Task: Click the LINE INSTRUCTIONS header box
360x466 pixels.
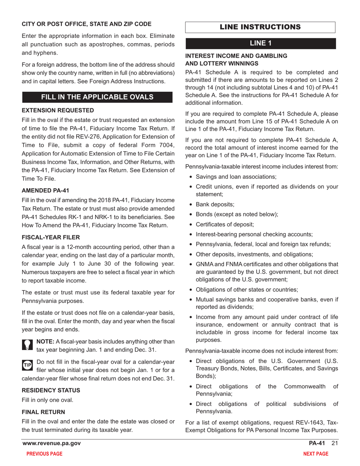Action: (260, 27)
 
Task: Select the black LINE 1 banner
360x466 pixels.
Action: (260, 43)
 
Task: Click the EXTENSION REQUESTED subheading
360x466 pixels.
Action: (58, 110)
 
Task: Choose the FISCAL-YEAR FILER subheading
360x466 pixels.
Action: (51, 238)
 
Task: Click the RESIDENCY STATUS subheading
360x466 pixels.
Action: (51, 390)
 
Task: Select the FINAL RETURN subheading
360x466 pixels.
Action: (43, 412)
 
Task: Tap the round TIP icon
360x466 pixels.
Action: (28, 365)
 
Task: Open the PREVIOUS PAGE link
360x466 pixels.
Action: (44, 454)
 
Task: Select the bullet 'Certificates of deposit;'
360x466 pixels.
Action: (225, 224)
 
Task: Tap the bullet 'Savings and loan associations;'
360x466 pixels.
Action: (236, 177)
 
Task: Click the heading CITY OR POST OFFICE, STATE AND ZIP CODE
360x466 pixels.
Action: (81, 24)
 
